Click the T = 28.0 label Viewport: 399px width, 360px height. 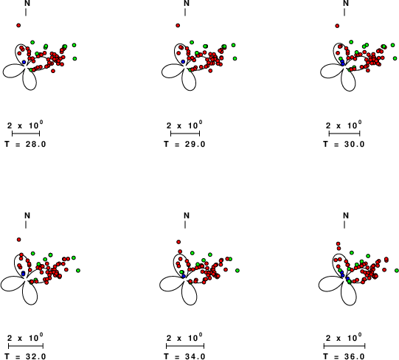pyautogui.click(x=26, y=144)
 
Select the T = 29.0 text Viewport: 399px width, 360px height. pyautogui.click(x=184, y=144)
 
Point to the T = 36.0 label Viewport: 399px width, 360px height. pyautogui.click(x=344, y=356)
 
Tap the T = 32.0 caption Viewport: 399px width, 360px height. pyautogui.click(x=26, y=356)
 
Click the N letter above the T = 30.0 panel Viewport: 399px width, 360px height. pyautogui.click(x=346, y=3)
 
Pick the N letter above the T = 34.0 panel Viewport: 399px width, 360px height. pyautogui.click(x=187, y=215)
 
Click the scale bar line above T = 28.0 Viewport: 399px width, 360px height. pyautogui.click(x=26, y=133)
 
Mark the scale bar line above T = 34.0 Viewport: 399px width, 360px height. pyautogui.click(x=185, y=346)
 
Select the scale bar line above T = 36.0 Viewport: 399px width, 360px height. pyautogui.click(x=344, y=346)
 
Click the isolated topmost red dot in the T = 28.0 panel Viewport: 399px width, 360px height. pyautogui.click(x=18, y=25)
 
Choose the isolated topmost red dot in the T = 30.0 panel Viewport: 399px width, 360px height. pyautogui.click(x=337, y=26)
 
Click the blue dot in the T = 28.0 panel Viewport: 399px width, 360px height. pyautogui.click(x=24, y=62)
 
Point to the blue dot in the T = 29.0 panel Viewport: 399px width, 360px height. pyautogui.click(x=183, y=62)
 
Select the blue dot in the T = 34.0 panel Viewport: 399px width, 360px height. pyautogui.click(x=184, y=276)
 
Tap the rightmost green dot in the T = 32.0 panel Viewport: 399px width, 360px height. pyautogui.click(x=78, y=271)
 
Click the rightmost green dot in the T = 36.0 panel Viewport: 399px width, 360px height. pyautogui.click(x=397, y=271)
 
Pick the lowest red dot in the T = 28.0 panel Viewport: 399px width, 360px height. pyautogui.click(x=53, y=71)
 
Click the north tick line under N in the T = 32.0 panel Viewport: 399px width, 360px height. pyautogui.click(x=26, y=224)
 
